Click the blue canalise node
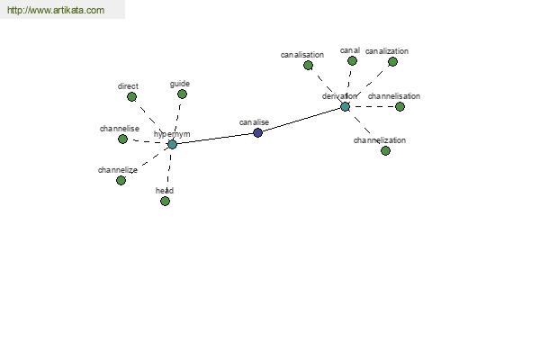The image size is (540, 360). pos(257,132)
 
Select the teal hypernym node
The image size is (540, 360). pos(172,144)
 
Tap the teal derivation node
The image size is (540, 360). pos(345,107)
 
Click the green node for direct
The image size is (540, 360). pos(131,97)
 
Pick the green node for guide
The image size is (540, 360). pos(182,94)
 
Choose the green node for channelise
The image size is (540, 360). pos(122,139)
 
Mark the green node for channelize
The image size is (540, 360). pos(121,180)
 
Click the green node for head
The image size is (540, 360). pos(165,202)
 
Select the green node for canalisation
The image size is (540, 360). pos(308,65)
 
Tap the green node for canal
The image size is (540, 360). pos(352,61)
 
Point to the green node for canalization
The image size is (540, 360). pos(392,62)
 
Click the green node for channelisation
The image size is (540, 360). pos(400,107)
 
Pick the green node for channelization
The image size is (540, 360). pos(385,150)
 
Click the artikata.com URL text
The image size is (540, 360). pos(56,10)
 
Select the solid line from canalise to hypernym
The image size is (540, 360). pos(215,139)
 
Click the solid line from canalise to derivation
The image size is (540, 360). pos(301,120)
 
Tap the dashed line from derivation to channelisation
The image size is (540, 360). pos(373,107)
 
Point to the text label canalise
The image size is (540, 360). pos(254,122)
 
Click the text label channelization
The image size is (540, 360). pos(380,140)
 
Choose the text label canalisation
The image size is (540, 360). pos(302,55)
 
